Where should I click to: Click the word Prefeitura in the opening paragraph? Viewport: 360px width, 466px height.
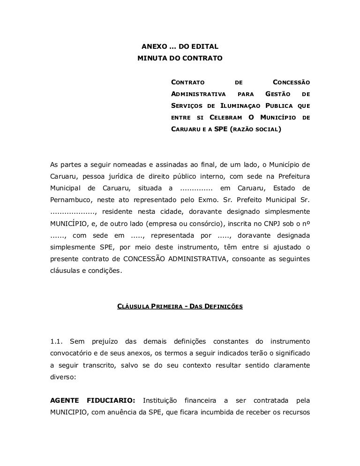(291, 177)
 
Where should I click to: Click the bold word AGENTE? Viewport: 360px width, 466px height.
(64, 400)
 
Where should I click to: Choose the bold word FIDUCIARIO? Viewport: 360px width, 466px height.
(110, 400)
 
